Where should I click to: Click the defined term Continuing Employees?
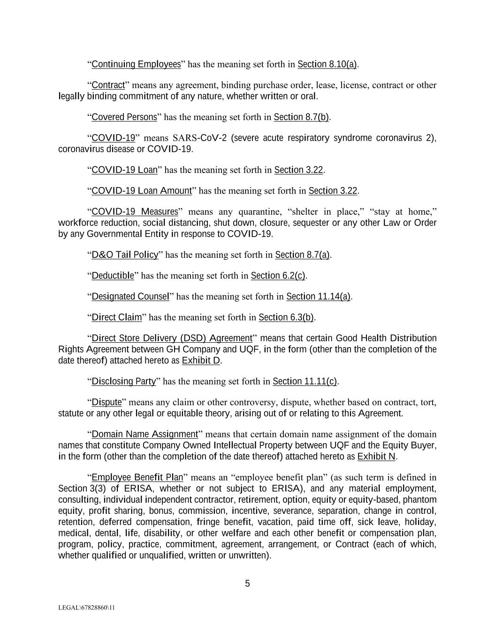point(136,64)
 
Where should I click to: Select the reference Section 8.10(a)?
point(327,64)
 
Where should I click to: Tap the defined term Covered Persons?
point(124,117)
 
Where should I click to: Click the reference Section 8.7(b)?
point(301,117)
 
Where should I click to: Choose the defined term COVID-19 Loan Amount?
point(142,191)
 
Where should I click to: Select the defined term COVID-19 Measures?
point(135,211)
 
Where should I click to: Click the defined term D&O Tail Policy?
point(125,255)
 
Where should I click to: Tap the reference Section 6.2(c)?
point(278,276)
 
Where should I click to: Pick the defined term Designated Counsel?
point(130,296)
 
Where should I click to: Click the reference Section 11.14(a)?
point(319,296)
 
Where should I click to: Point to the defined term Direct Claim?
point(116,317)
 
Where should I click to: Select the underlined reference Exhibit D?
point(201,361)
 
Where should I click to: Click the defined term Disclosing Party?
point(123,381)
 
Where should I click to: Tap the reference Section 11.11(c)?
point(305,381)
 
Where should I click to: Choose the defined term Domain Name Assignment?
point(145,434)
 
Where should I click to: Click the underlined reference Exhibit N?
point(376,457)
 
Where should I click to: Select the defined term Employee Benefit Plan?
point(137,478)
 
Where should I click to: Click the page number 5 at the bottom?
point(247,584)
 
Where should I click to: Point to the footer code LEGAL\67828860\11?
point(87,608)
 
